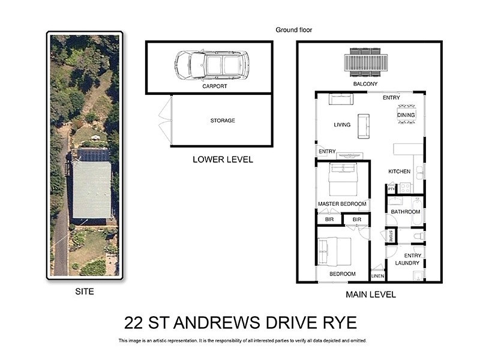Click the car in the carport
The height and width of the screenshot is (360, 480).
tap(212, 64)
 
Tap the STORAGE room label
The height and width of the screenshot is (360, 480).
tap(223, 121)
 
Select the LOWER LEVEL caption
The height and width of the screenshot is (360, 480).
tap(223, 160)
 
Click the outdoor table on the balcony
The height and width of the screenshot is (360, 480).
tap(365, 62)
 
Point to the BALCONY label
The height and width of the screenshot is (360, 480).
tap(365, 85)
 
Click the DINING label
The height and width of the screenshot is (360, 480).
tap(406, 115)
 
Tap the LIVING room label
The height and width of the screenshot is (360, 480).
tap(342, 125)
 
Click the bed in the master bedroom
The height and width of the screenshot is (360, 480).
tap(343, 179)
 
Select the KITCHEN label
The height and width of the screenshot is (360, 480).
tap(399, 172)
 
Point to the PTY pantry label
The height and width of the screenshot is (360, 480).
tap(392, 190)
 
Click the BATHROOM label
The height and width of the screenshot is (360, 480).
tap(405, 212)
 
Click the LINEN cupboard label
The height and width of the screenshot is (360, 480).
tap(377, 277)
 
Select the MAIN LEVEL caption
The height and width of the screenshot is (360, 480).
tap(371, 295)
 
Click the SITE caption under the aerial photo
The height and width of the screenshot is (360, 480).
tap(85, 292)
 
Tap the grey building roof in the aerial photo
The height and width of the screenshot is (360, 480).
tap(91, 188)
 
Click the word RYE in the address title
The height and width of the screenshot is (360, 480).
tap(339, 323)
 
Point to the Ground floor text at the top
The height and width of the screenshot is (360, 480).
tap(294, 30)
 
